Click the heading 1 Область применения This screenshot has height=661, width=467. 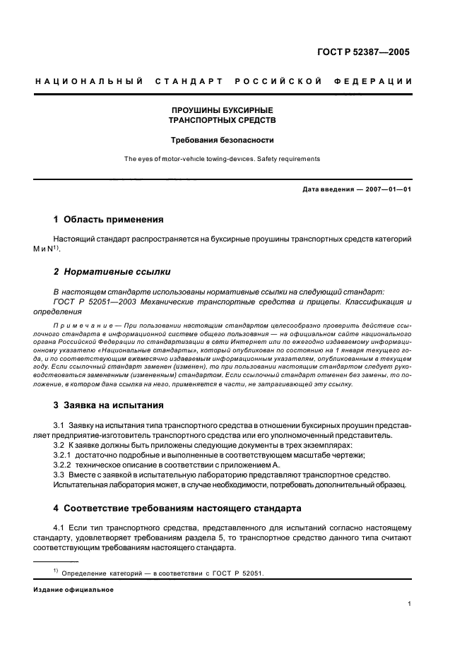pyautogui.click(x=109, y=220)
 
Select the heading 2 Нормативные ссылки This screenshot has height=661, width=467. pyautogui.click(x=112, y=271)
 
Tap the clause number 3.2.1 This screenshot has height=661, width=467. pyautogui.click(x=64, y=455)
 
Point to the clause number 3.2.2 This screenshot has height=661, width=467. pyautogui.click(x=64, y=465)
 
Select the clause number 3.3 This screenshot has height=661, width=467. pyautogui.click(x=60, y=475)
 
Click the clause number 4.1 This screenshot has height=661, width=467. pyautogui.click(x=60, y=528)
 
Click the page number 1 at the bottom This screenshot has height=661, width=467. pyautogui.click(x=410, y=604)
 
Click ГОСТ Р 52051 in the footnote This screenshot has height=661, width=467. pyautogui.click(x=237, y=573)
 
